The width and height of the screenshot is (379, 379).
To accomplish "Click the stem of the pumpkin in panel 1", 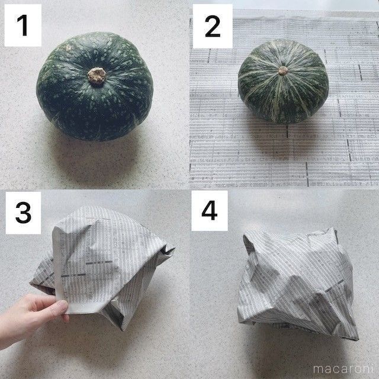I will click(97, 75).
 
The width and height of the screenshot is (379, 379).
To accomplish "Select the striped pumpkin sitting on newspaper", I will click(283, 81).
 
